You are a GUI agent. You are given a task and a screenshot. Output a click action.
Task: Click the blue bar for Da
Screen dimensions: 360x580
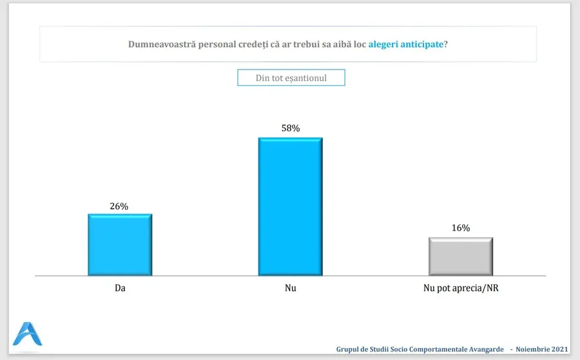(120, 245)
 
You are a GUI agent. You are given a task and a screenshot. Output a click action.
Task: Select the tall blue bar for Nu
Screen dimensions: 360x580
(290, 206)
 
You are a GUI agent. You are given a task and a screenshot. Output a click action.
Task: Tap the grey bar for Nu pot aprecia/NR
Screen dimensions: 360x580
(461, 256)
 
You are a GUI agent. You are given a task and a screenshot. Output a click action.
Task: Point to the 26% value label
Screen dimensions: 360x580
(119, 206)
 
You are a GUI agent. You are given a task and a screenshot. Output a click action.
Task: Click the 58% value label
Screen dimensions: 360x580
(291, 129)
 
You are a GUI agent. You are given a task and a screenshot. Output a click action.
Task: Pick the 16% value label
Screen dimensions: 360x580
(461, 228)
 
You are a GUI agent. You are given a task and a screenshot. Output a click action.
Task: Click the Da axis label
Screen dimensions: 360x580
(120, 289)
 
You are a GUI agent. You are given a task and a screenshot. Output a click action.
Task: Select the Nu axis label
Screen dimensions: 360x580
(291, 289)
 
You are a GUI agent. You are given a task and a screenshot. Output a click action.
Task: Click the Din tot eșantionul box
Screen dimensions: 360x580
(291, 78)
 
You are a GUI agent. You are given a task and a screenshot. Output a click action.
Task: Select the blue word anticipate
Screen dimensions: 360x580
(424, 44)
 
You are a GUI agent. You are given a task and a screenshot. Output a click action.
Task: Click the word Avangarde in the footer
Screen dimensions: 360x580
(483, 350)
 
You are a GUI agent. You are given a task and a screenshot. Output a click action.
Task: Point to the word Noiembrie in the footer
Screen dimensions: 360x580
(532, 350)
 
